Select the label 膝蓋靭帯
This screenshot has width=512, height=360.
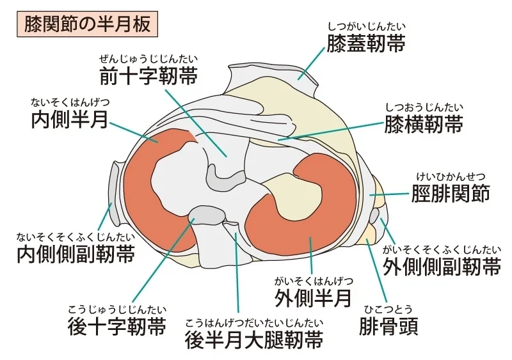point(366,44)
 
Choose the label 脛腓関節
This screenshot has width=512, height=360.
point(450,193)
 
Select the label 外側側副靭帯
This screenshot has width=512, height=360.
point(442,265)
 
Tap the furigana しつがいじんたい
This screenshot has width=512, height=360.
point(366,27)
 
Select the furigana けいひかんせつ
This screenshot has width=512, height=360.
point(450,176)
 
